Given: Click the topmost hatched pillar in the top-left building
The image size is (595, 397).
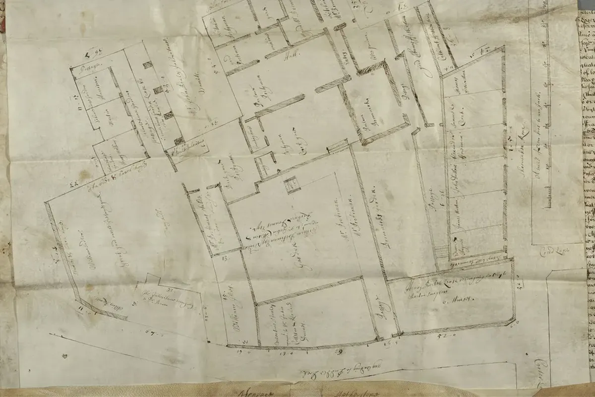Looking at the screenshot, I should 147,65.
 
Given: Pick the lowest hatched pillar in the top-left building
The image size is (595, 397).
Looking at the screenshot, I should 178,141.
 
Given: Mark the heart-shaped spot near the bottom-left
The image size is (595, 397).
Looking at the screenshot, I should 65,356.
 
